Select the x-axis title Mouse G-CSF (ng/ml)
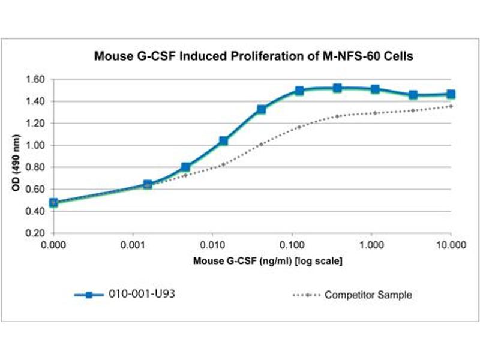268,262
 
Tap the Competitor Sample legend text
368,295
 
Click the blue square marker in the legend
88,295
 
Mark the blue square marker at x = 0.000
53,203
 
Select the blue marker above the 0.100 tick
299,91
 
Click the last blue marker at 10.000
451,94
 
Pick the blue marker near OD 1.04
223,141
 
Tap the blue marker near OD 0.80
185,167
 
